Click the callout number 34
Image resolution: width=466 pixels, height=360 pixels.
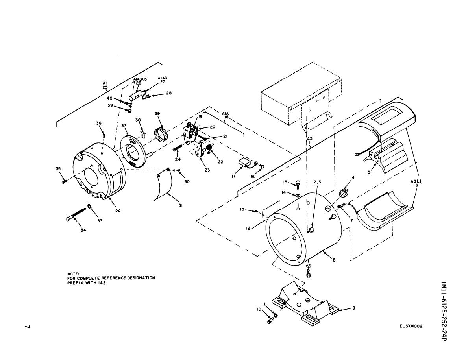click(83, 230)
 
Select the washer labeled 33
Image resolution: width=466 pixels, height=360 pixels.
click(89, 206)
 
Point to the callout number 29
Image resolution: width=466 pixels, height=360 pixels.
click(157, 113)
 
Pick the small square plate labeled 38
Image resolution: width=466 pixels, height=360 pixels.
click(142, 134)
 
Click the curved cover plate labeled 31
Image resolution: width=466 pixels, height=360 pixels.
click(164, 184)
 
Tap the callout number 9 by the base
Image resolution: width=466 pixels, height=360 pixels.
click(354, 308)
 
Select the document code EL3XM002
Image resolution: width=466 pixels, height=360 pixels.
click(411, 326)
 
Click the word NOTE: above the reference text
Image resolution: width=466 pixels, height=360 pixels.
click(73, 273)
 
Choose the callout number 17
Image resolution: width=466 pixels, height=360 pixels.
click(234, 176)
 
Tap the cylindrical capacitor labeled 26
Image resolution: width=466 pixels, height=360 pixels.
click(135, 96)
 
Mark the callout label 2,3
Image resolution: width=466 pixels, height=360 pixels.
click(317, 182)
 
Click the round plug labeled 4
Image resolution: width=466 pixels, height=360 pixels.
click(344, 193)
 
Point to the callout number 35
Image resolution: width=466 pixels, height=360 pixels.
click(58, 169)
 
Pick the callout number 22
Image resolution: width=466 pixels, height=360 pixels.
click(220, 162)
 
